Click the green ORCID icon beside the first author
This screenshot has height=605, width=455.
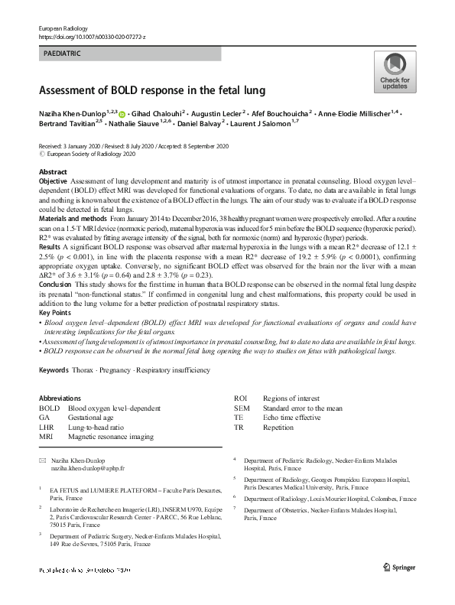click(122, 113)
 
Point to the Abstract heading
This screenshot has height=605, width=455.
click(53, 172)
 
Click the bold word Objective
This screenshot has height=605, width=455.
click(54, 181)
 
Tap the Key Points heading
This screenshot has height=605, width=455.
click(57, 313)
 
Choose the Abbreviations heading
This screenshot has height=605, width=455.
click(60, 398)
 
